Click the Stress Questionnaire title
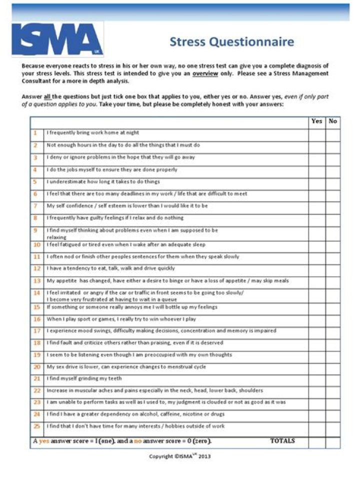pos(231,41)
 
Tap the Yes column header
pos(316,121)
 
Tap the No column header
pos(333,121)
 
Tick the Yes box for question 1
pos(316,133)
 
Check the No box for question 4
pos(333,170)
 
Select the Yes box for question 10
pos(316,245)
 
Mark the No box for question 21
pos(333,379)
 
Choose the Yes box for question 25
pos(316,427)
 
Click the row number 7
pos(36,206)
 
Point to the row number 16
pos(36,319)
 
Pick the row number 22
pos(36,390)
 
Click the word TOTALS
pos(282,441)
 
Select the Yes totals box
pos(316,442)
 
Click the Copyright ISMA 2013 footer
pos(180,456)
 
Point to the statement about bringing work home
pos(92,133)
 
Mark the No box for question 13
pos(333,281)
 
